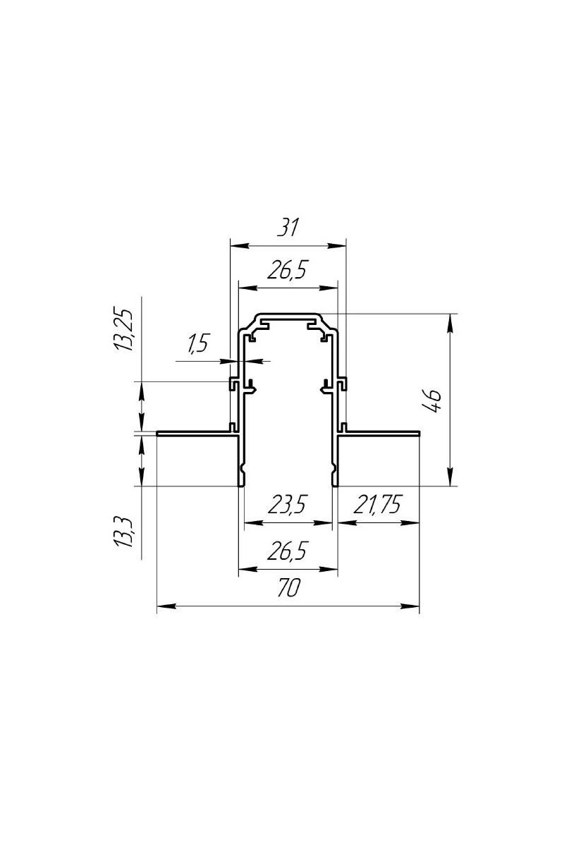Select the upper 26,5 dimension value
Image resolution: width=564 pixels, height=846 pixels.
pyautogui.click(x=286, y=269)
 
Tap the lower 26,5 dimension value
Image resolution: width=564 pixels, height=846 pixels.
pyautogui.click(x=286, y=551)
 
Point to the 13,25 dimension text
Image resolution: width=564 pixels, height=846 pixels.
pyautogui.click(x=123, y=331)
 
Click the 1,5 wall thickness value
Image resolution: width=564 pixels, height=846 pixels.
pyautogui.click(x=197, y=344)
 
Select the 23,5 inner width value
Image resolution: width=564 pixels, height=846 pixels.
pyautogui.click(x=286, y=505)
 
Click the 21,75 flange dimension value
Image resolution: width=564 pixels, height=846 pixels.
pyautogui.click(x=377, y=504)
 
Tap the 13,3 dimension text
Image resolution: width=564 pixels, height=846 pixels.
pyautogui.click(x=123, y=533)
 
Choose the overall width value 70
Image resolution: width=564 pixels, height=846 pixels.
pyautogui.click(x=288, y=588)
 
